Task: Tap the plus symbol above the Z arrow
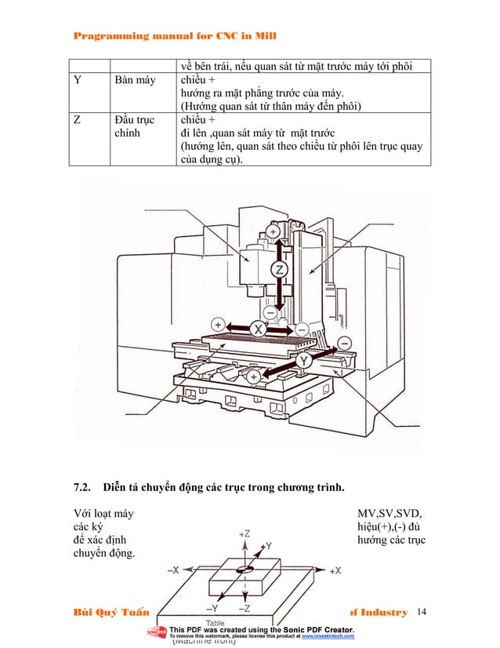[273, 232]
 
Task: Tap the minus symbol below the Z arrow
[269, 312]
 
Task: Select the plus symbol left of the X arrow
[218, 323]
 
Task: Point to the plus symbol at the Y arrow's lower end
[253, 377]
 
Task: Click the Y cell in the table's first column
[77, 79]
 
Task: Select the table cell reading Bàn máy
[135, 79]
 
